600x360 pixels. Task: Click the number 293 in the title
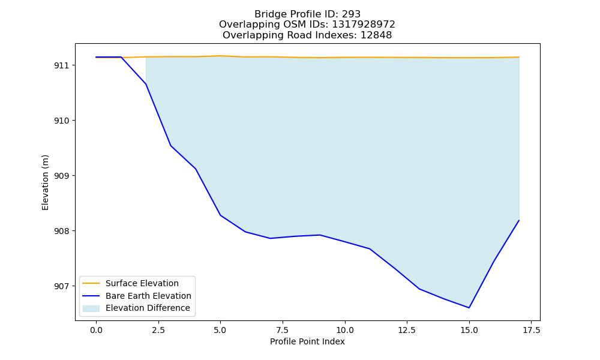(351, 14)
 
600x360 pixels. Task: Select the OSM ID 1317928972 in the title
(363, 25)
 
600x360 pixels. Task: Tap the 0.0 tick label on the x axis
(96, 330)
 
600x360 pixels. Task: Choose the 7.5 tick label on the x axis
(283, 330)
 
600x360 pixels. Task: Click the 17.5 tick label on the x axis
(531, 330)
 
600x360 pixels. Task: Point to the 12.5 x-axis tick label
(407, 330)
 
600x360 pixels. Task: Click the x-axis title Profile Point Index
(307, 341)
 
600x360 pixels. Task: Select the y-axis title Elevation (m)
(45, 182)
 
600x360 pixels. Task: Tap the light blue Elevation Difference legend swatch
(91, 308)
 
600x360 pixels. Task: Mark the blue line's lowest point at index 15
(469, 308)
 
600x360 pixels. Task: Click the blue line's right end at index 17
(519, 220)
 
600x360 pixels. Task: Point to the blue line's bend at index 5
(220, 215)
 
